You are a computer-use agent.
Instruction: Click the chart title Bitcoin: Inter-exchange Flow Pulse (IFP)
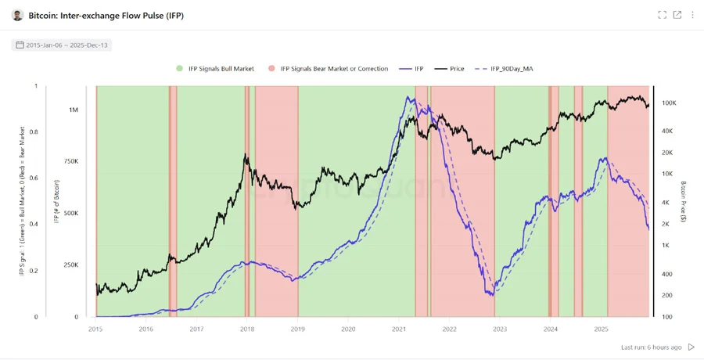[x=106, y=16]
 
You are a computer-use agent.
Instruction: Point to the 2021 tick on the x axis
[x=399, y=329]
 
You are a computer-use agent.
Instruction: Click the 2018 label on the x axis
[x=247, y=329]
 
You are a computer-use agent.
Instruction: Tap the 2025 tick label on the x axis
[x=601, y=329]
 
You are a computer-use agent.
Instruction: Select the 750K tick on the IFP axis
[x=70, y=161]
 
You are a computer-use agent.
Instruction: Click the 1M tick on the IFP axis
[x=74, y=110]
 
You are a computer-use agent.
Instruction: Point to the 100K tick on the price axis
[x=669, y=103]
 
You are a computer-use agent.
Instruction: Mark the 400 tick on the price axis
[x=667, y=274]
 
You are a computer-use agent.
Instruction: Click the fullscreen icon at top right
[x=662, y=15]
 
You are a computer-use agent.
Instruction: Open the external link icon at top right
[x=677, y=15]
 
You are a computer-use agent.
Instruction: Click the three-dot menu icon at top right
[x=692, y=15]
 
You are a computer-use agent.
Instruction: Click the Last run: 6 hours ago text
[x=651, y=347]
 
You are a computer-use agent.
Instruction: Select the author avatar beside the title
[x=17, y=16]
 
